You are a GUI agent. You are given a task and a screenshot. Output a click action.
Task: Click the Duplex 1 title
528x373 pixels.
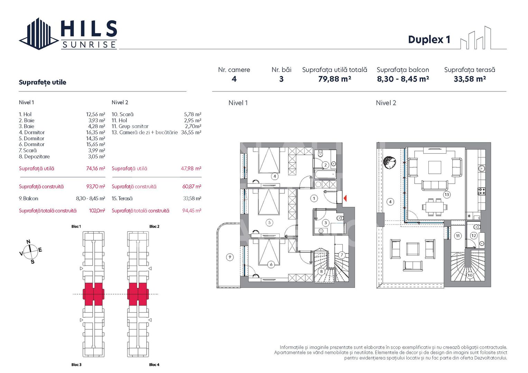coord(429,40)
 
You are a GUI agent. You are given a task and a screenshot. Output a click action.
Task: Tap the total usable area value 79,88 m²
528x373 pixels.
coord(334,79)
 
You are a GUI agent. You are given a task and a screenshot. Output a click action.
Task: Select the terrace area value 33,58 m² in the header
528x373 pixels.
coord(470,79)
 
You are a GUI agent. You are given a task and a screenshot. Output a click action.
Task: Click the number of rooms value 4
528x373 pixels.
coord(234,79)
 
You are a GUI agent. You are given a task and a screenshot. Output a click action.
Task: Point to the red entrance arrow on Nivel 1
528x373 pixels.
coord(345,198)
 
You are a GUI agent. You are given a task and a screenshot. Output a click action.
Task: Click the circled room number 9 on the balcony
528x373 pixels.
coord(230,257)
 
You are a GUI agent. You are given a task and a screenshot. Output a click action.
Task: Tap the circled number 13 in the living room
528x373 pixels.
coord(447,194)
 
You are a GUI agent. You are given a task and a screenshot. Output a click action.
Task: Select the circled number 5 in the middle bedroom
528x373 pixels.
coord(270,222)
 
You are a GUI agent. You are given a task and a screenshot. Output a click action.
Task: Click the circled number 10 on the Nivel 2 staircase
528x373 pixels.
coord(470,275)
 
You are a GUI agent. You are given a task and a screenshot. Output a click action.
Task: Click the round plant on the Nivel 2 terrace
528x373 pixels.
coord(390,162)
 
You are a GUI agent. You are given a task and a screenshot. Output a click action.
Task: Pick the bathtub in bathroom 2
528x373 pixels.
coord(325,174)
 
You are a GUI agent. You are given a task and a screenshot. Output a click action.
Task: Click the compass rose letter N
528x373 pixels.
coord(28,242)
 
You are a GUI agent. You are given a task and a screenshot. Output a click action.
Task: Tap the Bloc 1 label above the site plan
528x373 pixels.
coord(76,227)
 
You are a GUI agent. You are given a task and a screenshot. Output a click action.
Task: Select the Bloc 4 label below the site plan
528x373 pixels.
coord(154,365)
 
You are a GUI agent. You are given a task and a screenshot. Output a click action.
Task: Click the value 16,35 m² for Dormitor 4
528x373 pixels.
coord(95,132)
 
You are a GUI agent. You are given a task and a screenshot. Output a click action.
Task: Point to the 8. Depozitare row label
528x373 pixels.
coord(34,156)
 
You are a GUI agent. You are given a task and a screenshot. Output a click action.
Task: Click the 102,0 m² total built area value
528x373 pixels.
coord(97,211)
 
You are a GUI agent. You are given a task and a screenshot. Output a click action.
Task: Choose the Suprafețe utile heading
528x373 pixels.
coord(42,82)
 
